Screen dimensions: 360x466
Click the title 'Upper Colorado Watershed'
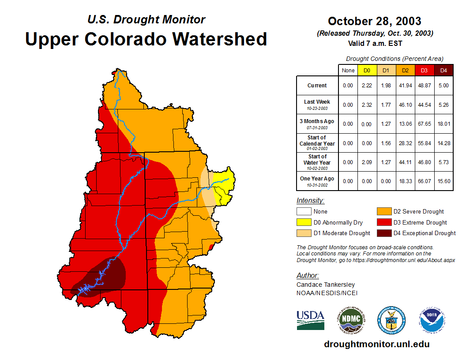pos(146,39)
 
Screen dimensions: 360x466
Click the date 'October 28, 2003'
pos(374,21)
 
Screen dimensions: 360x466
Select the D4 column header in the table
pos(443,71)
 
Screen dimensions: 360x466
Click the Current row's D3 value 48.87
pos(425,86)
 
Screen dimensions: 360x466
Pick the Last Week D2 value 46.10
pos(406,105)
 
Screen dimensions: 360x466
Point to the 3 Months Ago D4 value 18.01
pos(443,124)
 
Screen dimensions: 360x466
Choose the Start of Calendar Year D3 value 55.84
pos(425,143)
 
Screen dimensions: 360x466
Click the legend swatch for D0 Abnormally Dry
pos(304,222)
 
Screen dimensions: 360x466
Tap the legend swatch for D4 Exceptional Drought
pos(383,233)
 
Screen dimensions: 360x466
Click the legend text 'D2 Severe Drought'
pos(419,212)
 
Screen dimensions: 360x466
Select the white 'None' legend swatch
pos(304,212)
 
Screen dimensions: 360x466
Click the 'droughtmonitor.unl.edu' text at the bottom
pos(376,344)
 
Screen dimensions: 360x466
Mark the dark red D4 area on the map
pos(108,276)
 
